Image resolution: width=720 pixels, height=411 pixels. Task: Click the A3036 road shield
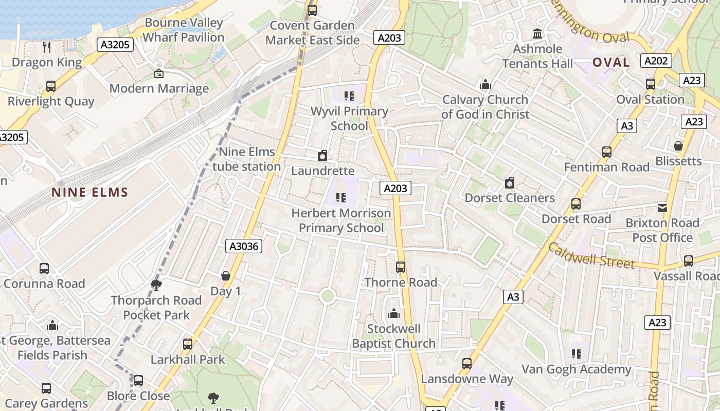click(x=244, y=247)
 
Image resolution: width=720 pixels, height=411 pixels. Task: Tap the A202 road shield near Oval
click(x=657, y=61)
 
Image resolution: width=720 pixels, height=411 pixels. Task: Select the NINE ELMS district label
click(x=89, y=193)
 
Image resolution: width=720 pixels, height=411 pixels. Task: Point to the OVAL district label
click(x=611, y=63)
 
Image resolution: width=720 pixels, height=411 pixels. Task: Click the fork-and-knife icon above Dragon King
click(x=47, y=47)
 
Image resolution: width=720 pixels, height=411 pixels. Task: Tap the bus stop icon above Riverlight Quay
click(x=50, y=86)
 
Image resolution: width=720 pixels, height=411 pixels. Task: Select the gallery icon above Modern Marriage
click(x=158, y=74)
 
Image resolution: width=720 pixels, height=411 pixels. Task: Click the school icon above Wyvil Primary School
click(x=349, y=96)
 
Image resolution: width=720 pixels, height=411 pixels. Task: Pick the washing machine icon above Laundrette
click(x=322, y=156)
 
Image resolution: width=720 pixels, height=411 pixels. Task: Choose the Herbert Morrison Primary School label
click(x=341, y=220)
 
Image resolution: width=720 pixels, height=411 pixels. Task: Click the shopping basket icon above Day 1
click(x=225, y=276)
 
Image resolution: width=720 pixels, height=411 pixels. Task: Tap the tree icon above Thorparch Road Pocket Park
click(x=156, y=285)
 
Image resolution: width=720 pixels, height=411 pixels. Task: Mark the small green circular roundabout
click(x=327, y=296)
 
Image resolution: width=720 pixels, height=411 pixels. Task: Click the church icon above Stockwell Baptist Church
click(x=394, y=313)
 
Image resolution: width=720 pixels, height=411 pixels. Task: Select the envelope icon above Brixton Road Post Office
click(x=662, y=208)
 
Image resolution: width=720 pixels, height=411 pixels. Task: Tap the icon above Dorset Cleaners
click(x=510, y=183)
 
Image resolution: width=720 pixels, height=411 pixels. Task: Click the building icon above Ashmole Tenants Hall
click(x=538, y=34)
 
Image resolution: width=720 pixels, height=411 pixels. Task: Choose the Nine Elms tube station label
click(x=247, y=159)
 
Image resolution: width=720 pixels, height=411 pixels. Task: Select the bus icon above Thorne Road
click(x=401, y=267)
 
